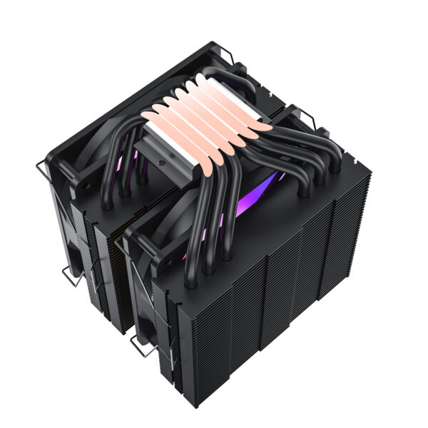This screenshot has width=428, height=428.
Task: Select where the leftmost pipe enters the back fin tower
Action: [x=105, y=204]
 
